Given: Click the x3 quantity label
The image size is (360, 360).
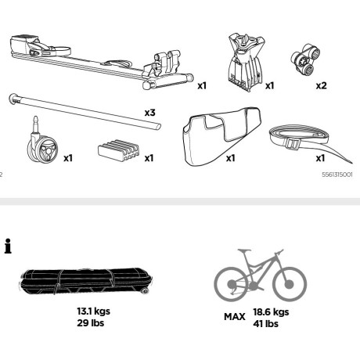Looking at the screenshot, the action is (x=150, y=113).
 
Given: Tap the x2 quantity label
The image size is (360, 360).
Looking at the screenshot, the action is (x=322, y=85).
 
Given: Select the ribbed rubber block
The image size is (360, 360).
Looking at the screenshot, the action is (x=119, y=150).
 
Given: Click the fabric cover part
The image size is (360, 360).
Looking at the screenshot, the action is (x=221, y=135).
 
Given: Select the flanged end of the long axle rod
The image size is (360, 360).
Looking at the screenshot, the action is (x=13, y=99).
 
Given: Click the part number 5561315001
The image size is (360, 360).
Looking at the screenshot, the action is (x=337, y=175).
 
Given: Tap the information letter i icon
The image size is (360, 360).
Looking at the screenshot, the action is (x=8, y=246).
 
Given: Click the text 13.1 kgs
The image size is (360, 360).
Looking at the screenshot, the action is (x=93, y=311).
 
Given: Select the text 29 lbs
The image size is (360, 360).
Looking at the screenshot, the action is (x=90, y=323).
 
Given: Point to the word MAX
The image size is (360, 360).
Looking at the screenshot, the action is (x=235, y=317).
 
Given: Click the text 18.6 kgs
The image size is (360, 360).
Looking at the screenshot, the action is (x=271, y=312).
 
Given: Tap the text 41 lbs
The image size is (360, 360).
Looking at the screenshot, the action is (x=265, y=324).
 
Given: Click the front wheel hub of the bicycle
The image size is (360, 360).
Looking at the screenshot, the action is (x=289, y=284).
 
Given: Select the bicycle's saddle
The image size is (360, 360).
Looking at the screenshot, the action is (x=244, y=250).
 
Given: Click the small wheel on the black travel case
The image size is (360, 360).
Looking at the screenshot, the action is (x=146, y=291).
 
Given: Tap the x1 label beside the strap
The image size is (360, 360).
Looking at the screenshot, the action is (x=320, y=158).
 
